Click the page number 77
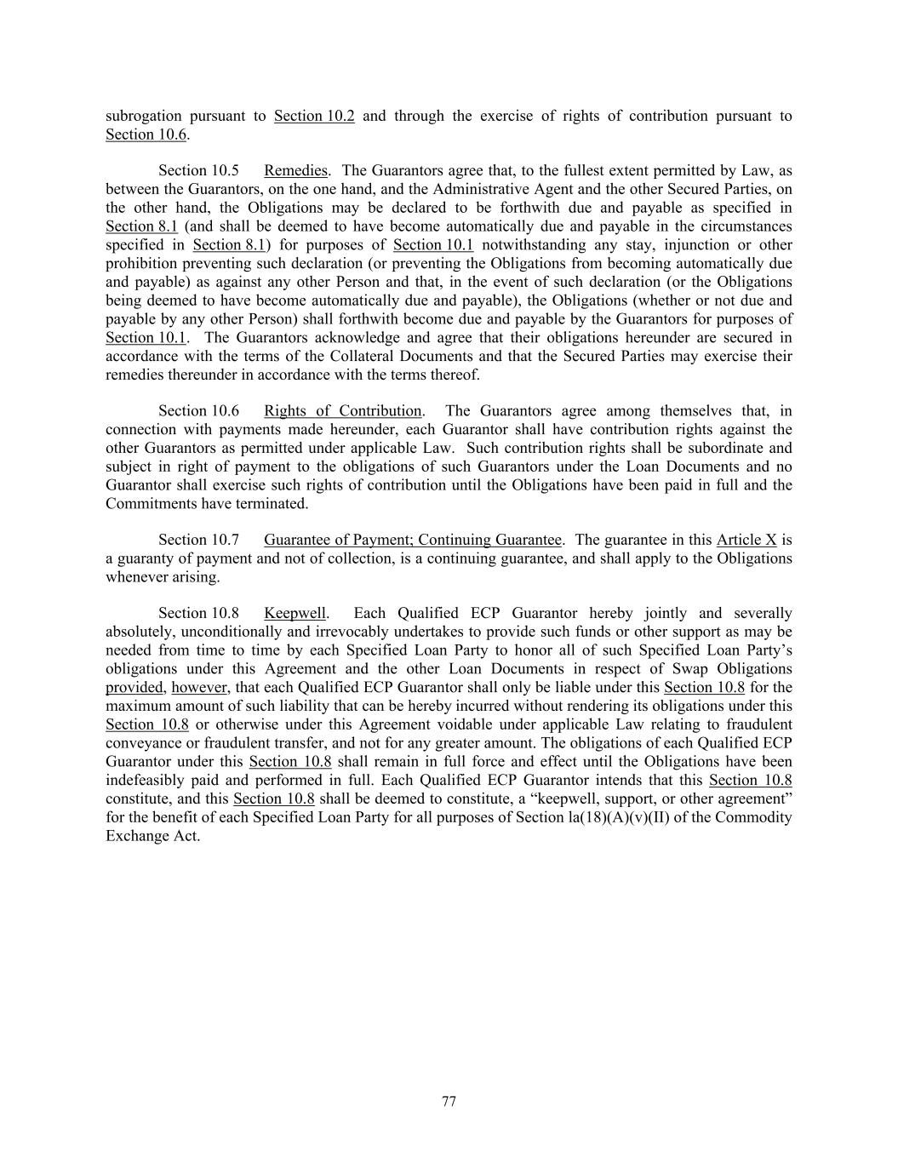449,1102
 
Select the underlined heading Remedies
295,171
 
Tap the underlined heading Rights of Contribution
342,411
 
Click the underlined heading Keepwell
295,613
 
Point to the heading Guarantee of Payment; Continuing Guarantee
413,540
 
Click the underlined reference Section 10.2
314,116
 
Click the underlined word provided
134,687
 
